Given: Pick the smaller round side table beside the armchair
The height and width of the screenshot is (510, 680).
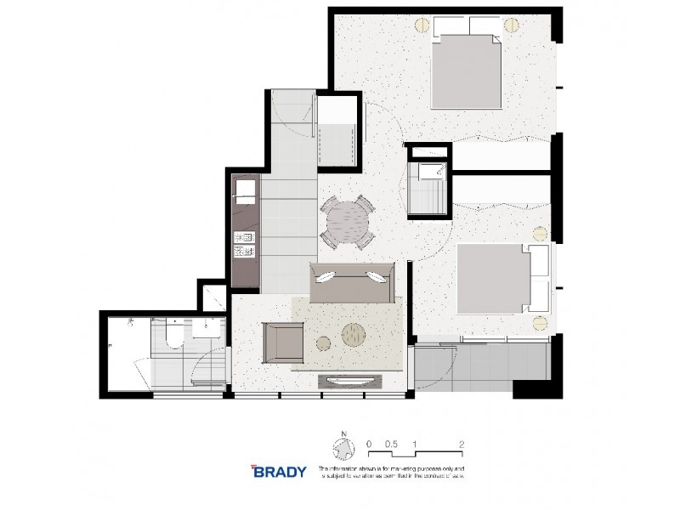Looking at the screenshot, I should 322,343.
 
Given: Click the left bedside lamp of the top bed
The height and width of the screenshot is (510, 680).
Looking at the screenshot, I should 421,26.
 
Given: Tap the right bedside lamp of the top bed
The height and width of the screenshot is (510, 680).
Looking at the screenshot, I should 512,26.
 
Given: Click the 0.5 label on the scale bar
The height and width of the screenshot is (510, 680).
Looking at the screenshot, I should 391,444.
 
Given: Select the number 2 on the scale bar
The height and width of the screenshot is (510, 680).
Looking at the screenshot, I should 460,444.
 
